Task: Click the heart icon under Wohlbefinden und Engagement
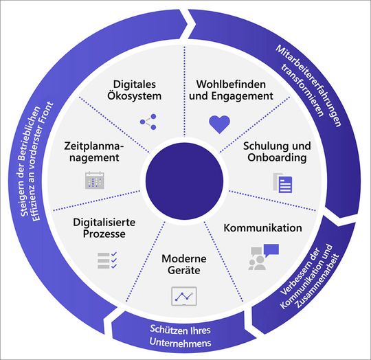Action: click(x=218, y=124)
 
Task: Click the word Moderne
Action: click(x=184, y=258)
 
